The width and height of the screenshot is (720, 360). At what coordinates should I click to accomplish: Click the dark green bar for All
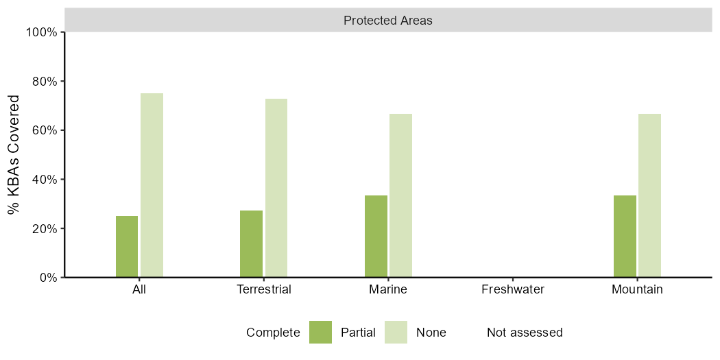tap(127, 247)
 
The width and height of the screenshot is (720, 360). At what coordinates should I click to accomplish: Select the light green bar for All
tap(152, 185)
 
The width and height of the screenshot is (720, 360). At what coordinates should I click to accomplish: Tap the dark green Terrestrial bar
tap(251, 244)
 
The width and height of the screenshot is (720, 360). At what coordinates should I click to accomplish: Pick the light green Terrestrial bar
tap(276, 188)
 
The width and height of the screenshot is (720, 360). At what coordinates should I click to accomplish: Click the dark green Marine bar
tap(376, 237)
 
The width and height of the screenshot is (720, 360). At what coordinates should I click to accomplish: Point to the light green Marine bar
tap(401, 195)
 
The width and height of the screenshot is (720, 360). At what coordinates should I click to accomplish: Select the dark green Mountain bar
tap(625, 237)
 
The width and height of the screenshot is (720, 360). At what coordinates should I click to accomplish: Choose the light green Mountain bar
tap(650, 195)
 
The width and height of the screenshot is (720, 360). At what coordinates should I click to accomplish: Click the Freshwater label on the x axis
tap(512, 290)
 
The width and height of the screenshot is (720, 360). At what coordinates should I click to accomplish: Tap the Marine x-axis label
tap(388, 290)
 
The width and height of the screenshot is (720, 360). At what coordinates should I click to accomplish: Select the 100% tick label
tap(43, 32)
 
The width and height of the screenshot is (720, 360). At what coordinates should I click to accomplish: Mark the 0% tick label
tap(48, 277)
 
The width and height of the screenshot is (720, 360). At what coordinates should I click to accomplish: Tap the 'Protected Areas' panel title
tap(388, 21)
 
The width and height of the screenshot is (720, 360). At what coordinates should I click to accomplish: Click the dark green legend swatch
tap(320, 332)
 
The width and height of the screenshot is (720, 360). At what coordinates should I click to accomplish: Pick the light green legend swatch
tap(396, 332)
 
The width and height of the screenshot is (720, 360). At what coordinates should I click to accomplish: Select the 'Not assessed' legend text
tap(525, 332)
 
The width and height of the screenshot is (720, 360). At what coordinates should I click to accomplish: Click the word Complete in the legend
tap(273, 333)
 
